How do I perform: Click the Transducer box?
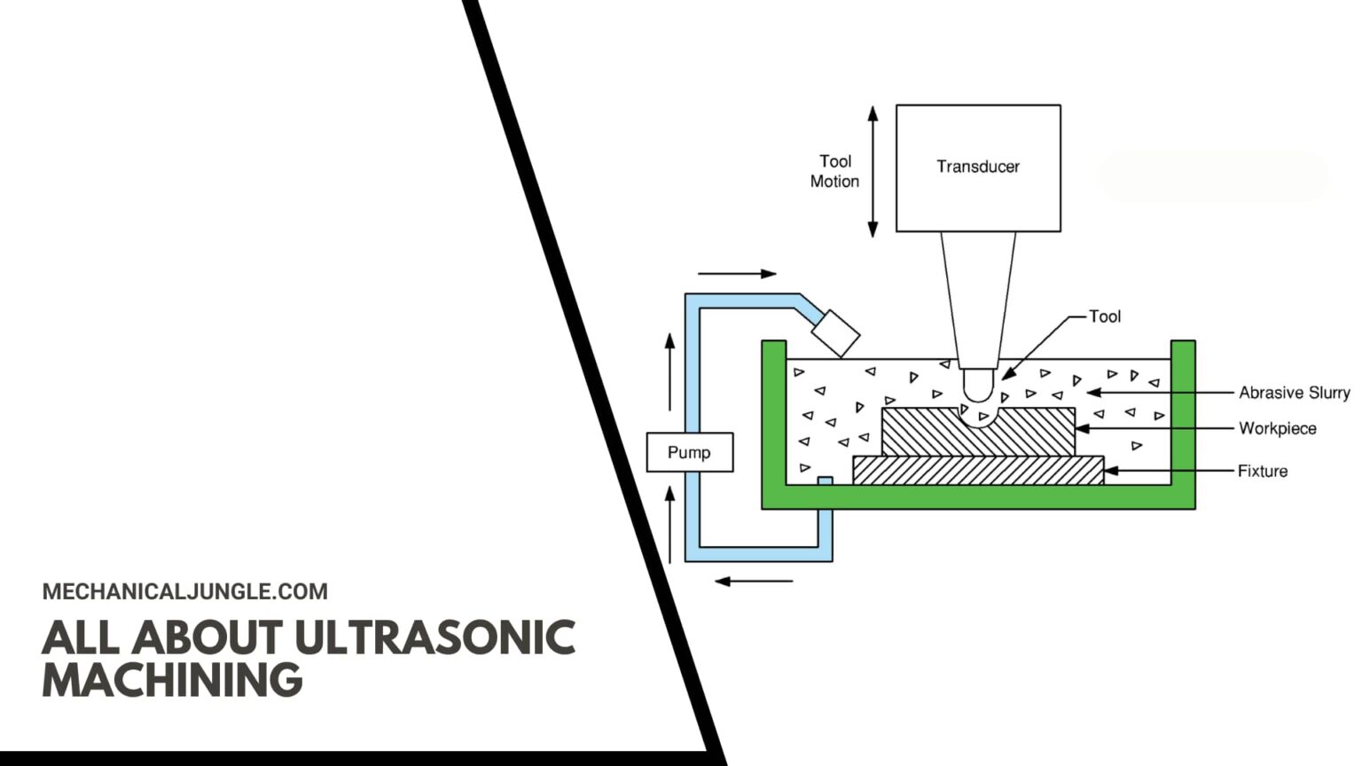(978, 168)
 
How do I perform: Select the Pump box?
(689, 452)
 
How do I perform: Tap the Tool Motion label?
(834, 171)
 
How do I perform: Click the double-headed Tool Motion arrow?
(873, 171)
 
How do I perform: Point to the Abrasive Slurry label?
(1294, 392)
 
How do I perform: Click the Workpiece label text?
(1277, 428)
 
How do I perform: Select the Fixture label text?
(1263, 471)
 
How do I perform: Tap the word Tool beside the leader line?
(1105, 317)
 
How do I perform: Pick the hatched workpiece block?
(922, 432)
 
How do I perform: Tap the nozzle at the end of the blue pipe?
(835, 332)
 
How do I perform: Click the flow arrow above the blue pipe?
(736, 274)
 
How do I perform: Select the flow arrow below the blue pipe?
(754, 582)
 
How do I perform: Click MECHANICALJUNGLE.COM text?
(184, 591)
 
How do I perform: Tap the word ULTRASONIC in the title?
(434, 637)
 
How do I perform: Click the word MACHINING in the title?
(172, 680)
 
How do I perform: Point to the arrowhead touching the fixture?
(1110, 471)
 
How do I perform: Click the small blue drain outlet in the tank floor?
(825, 481)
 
